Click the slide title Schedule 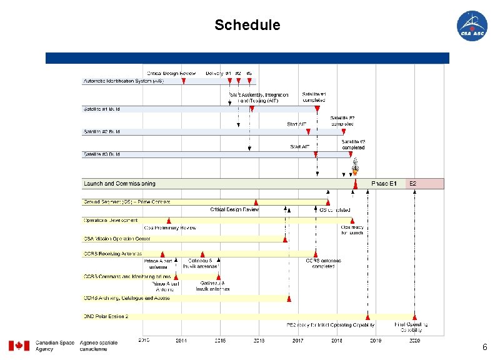247,25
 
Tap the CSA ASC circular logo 472,26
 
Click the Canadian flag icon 19,346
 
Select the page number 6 484,347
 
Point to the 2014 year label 181,341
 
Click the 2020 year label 414,341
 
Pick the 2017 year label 297,341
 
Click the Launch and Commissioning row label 119,184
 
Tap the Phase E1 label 384,184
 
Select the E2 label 412,184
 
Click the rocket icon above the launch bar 355,166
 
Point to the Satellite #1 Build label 102,109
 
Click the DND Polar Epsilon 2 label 106,316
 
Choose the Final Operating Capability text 411,327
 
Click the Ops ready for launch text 352,230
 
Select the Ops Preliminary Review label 170,227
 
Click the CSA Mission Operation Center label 117,239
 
